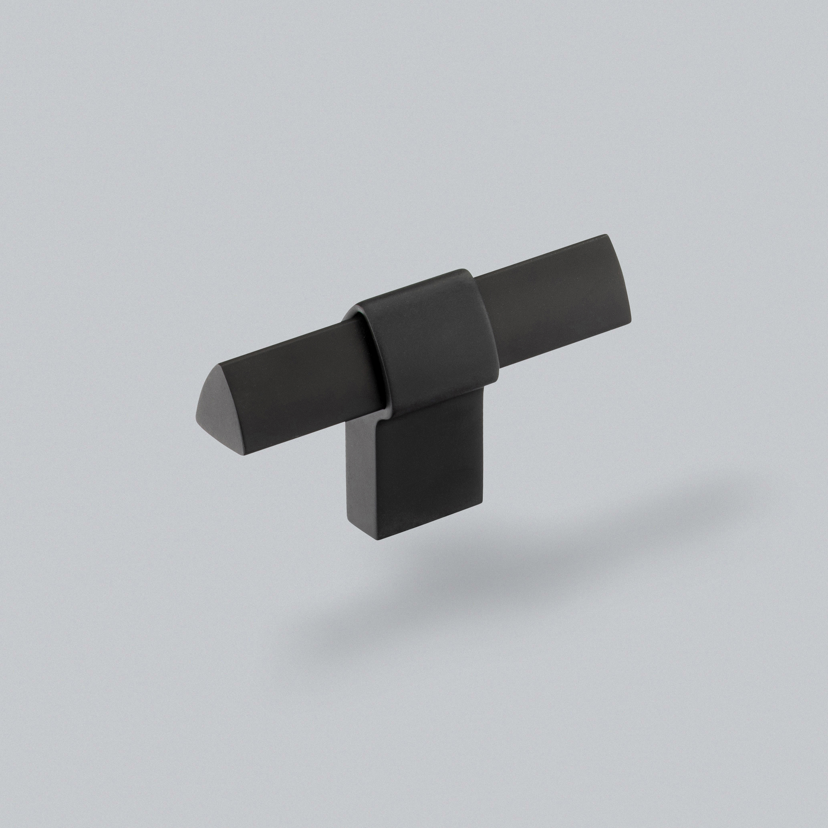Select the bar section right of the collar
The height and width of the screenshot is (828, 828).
[553, 300]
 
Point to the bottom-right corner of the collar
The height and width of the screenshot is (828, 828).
[496, 379]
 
